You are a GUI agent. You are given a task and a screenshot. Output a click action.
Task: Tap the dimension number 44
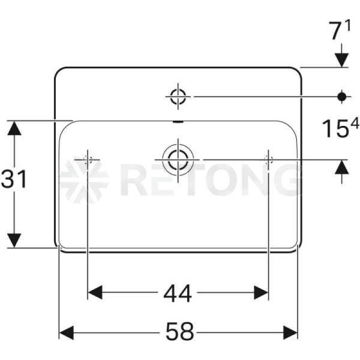tap(178, 293)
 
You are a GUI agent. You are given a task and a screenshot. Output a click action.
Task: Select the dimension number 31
tap(14, 179)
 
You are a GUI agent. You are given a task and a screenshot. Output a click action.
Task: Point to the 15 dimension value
tap(335, 129)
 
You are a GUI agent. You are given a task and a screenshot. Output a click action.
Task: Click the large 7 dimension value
tap(335, 31)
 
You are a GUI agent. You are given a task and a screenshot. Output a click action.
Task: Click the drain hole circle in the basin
tap(178, 160)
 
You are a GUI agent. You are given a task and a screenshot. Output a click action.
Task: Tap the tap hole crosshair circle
tap(178, 97)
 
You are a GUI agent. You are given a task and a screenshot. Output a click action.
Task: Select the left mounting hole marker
tap(88, 160)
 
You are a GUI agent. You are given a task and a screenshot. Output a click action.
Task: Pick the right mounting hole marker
tap(268, 160)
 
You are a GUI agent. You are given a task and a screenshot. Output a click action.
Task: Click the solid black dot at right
tap(342, 97)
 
